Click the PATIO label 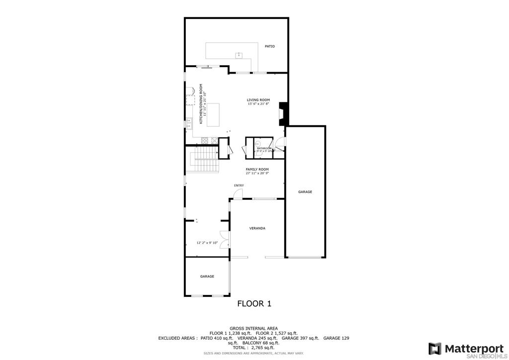coord(269,46)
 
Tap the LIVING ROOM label coord(258,100)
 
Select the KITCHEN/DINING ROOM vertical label coord(202,103)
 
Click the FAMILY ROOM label coord(257,169)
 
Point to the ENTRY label coord(239,185)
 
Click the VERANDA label coord(257,228)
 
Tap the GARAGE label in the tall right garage coord(305,191)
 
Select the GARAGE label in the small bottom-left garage coord(207,276)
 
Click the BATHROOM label coord(264,148)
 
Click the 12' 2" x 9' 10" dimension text coord(207,243)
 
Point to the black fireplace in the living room coord(283,114)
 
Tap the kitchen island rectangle coord(213,115)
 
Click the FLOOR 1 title coord(254,303)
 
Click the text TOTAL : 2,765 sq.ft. coord(254,347)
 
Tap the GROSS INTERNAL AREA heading coord(254,328)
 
